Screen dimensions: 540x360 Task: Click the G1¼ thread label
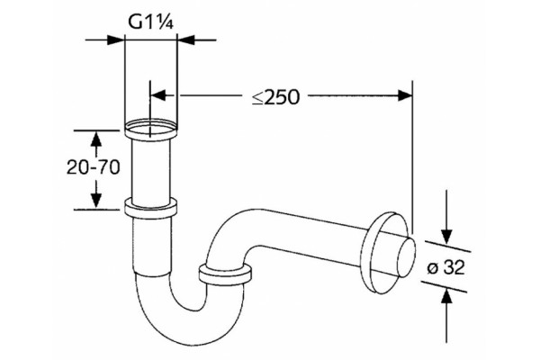point(150,22)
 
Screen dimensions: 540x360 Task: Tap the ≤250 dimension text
point(276,97)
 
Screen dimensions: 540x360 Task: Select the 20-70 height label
point(93,167)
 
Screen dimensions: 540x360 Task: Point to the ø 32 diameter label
point(446,267)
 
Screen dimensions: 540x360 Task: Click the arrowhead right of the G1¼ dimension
point(185,40)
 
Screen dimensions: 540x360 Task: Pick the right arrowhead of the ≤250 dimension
point(405,95)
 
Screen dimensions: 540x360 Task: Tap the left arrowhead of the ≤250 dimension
point(158,95)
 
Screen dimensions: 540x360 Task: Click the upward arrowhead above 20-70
point(96,139)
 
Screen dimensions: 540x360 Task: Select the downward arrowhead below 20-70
point(96,201)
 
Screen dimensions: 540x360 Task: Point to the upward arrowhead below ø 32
point(446,297)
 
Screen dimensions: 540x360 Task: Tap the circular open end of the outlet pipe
point(406,254)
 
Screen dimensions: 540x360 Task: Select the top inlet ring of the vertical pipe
point(151,128)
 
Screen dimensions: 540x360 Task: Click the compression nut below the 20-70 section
point(151,209)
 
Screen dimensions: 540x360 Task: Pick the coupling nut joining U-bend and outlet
point(225,274)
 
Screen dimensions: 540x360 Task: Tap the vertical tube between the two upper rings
point(151,170)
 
